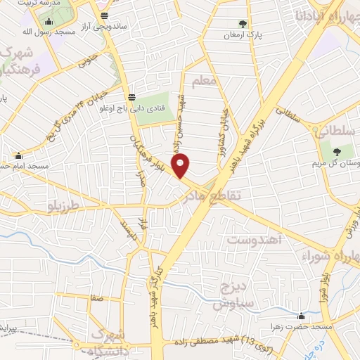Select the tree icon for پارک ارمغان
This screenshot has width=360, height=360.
[244, 23]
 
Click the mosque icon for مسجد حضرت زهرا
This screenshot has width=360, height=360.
[302, 316]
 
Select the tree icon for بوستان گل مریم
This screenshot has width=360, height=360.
[336, 150]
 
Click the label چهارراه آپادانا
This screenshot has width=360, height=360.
[331, 15]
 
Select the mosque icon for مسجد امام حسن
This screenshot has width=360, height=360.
[18, 155]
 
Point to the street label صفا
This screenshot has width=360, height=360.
[97, 298]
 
